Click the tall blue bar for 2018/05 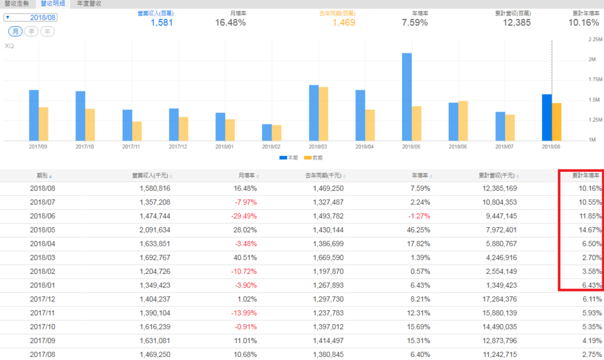pos(407,97)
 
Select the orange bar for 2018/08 pos(557,122)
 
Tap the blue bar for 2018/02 pos(267,133)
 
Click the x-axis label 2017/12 pos(179,146)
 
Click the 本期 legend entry pos(288,158)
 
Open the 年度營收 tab pos(89,4)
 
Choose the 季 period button pos(31,31)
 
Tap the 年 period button pos(47,31)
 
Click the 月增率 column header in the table pos(247,175)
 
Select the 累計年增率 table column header pos(586,175)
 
